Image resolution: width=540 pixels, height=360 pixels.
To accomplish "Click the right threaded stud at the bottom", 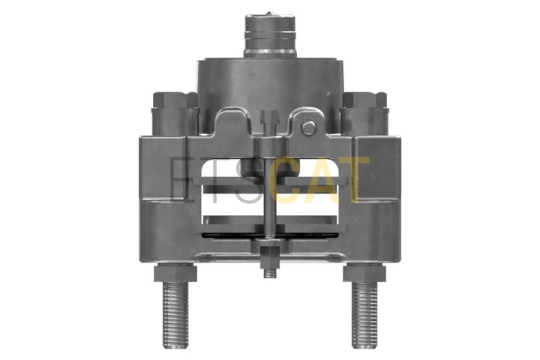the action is pyautogui.click(x=364, y=314).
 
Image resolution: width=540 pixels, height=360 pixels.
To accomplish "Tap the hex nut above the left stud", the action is pyautogui.click(x=175, y=272).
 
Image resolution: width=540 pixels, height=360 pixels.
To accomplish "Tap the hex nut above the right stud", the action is pyautogui.click(x=364, y=272).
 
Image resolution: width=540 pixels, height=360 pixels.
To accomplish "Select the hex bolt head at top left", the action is pyautogui.click(x=170, y=100).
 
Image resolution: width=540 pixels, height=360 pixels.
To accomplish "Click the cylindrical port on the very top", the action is pyautogui.click(x=270, y=34).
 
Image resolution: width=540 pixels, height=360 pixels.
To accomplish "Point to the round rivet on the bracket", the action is pyautogui.click(x=309, y=127).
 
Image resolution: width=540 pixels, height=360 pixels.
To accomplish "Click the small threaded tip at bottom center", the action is pyautogui.click(x=270, y=273).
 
